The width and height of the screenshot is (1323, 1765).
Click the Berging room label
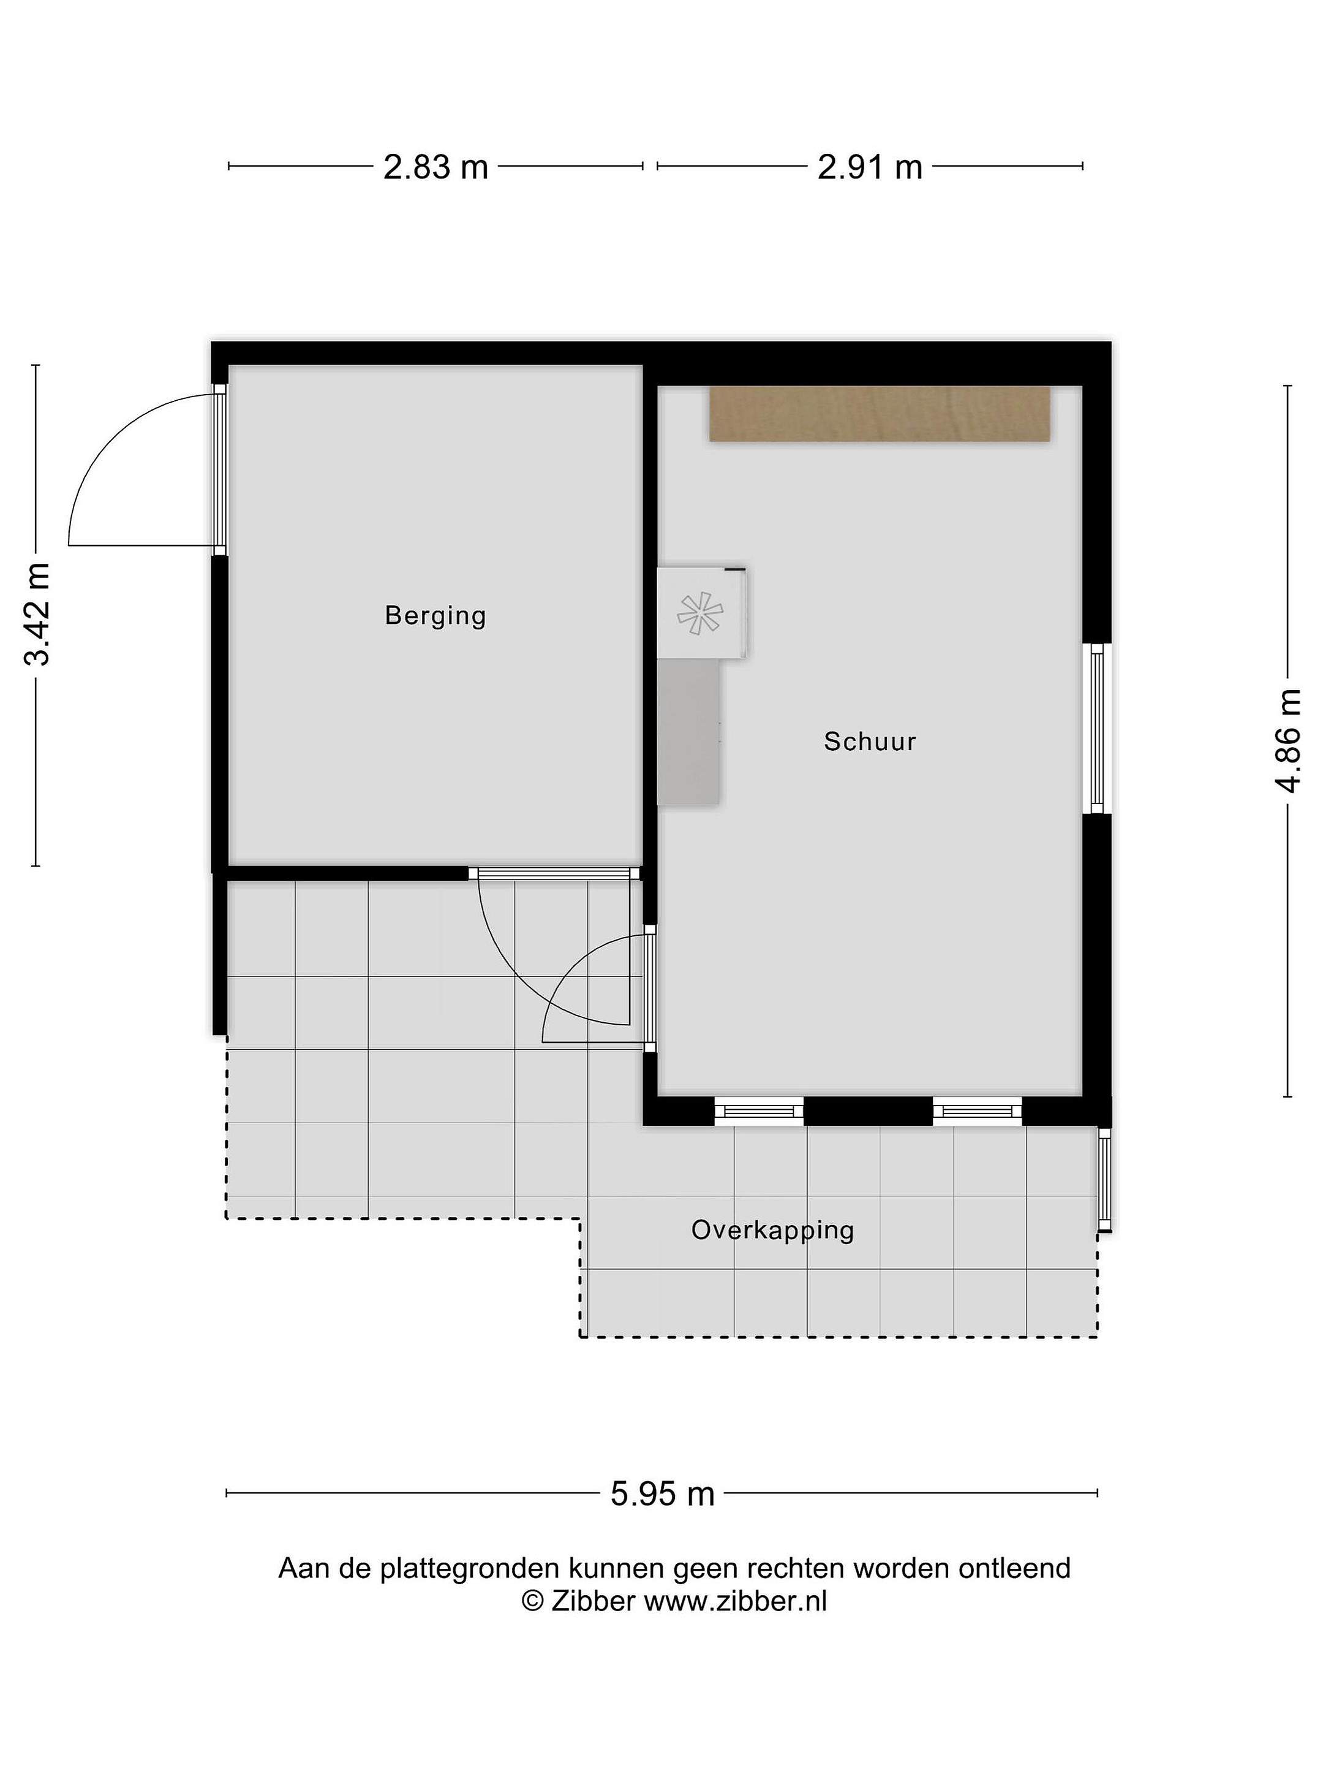coord(435,616)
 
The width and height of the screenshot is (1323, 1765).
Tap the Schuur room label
coord(870,742)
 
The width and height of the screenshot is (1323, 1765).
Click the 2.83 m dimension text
coord(435,167)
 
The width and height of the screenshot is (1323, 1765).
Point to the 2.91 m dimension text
coord(870,167)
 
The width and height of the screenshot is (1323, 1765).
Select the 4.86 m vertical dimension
coord(1288,740)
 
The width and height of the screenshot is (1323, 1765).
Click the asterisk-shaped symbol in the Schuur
coord(699,613)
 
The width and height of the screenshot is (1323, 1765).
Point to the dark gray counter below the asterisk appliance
coord(688,732)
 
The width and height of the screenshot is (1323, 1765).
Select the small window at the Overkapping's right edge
coord(1104,1179)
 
